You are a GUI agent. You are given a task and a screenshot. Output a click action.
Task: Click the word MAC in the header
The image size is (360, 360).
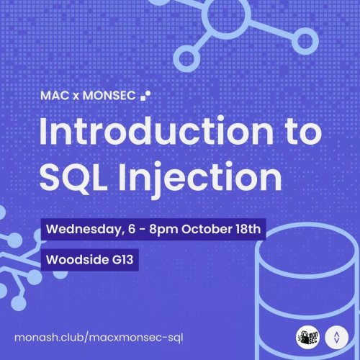coord(55,94)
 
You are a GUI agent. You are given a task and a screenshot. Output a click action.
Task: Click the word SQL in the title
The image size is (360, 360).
coord(75,176)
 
